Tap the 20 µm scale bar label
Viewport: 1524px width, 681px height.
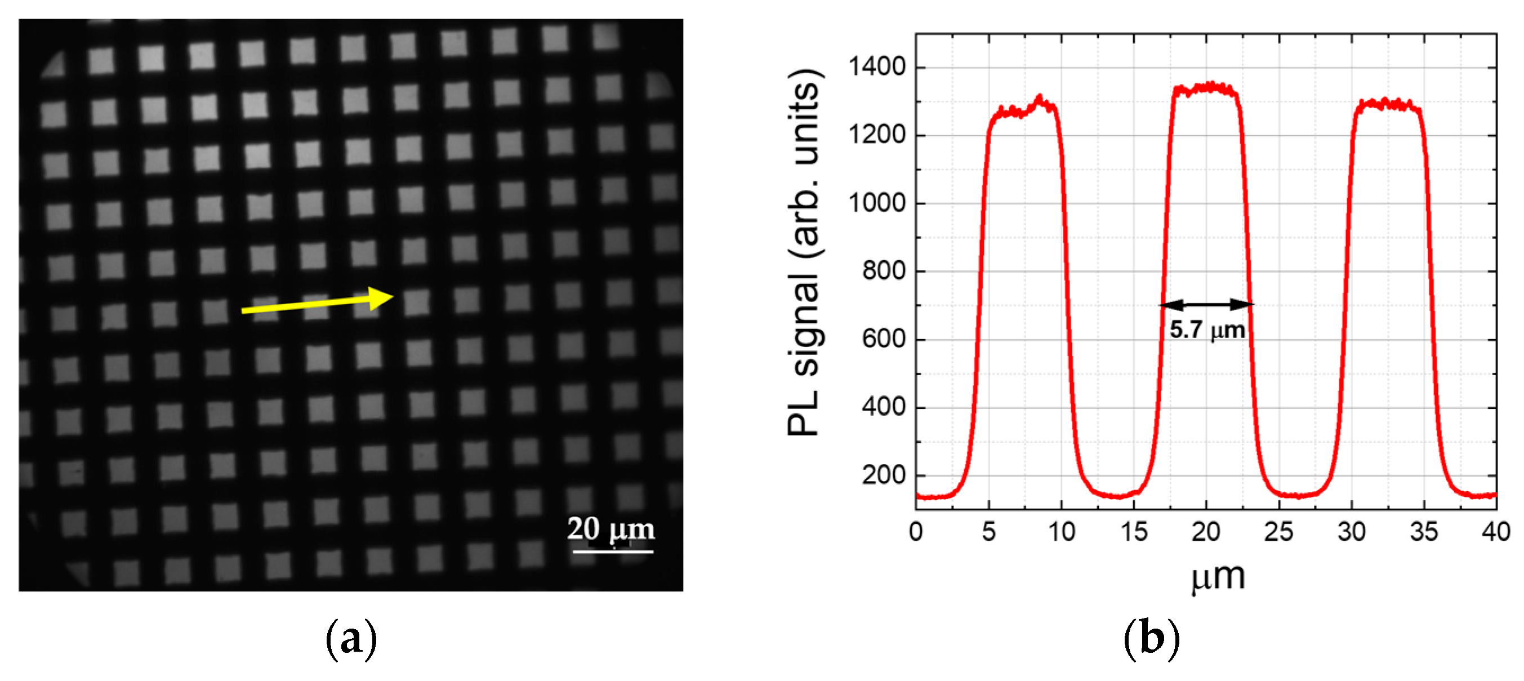click(x=611, y=528)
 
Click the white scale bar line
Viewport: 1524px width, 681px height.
click(x=612, y=551)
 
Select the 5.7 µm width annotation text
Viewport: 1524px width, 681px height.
click(x=1207, y=330)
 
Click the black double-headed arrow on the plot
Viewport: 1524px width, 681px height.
click(x=1206, y=304)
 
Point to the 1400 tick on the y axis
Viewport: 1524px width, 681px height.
click(x=877, y=67)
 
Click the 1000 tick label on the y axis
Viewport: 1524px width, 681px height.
click(x=877, y=203)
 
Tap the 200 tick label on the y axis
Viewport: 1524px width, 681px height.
click(x=883, y=475)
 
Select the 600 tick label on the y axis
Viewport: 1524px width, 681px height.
click(x=883, y=339)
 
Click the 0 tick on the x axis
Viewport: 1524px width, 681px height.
click(x=915, y=531)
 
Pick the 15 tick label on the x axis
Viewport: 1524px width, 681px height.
click(x=1134, y=531)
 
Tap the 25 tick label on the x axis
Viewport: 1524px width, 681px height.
click(x=1278, y=531)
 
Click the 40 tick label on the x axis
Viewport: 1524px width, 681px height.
click(x=1496, y=531)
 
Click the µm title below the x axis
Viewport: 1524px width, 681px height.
click(x=1218, y=576)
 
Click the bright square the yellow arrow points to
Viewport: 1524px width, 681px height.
click(x=417, y=302)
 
